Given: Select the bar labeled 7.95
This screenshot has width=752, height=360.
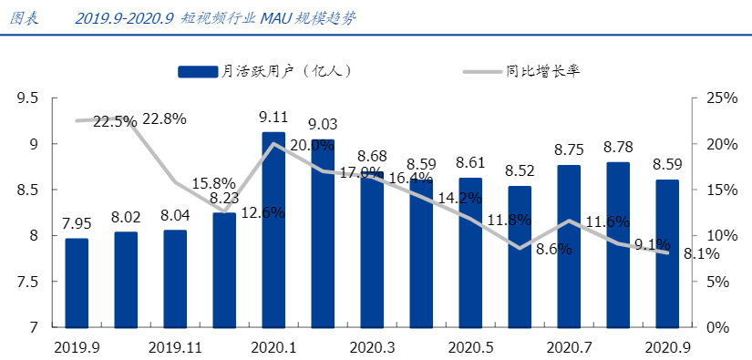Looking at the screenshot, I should tap(77, 283).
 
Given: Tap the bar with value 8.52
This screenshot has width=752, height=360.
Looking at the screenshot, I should tap(520, 256).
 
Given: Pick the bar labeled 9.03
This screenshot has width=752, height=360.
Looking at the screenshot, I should tap(323, 233).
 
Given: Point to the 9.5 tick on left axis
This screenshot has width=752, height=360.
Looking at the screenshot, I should tap(27, 98).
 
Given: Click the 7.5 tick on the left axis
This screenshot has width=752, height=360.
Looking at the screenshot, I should tap(27, 282).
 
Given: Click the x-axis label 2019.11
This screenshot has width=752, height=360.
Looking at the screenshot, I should tap(175, 347).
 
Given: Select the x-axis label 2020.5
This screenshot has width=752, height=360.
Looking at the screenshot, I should tap(470, 347).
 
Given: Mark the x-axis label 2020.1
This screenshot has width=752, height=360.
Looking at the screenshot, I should tap(273, 347).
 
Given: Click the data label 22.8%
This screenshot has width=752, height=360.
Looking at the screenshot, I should tap(164, 119).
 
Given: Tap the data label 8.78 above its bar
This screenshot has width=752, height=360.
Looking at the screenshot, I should tap(618, 147).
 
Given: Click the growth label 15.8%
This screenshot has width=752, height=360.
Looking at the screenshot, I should tap(213, 183).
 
